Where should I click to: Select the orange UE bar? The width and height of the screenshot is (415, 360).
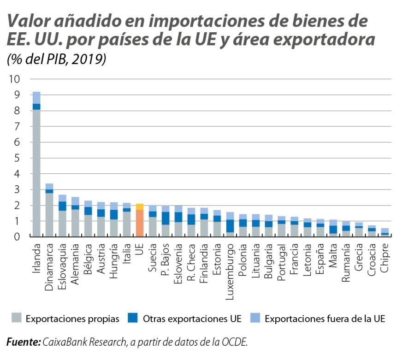pyautogui.click(x=139, y=223)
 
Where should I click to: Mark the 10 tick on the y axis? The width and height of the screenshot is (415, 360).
pyautogui.click(x=14, y=79)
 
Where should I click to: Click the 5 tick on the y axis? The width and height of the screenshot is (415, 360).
pyautogui.click(x=18, y=158)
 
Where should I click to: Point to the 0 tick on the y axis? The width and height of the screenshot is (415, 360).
pyautogui.click(x=18, y=237)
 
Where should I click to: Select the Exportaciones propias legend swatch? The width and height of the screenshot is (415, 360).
pyautogui.click(x=16, y=319)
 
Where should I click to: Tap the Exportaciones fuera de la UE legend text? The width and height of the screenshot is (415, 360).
pyautogui.click(x=325, y=319)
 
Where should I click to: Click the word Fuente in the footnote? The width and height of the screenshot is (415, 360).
pyautogui.click(x=23, y=342)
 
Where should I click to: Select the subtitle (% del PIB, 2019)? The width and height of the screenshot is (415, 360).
pyautogui.click(x=57, y=59)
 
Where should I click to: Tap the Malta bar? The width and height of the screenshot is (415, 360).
pyautogui.click(x=332, y=229)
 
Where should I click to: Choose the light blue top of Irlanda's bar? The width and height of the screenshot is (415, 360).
pyautogui.click(x=36, y=98)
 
